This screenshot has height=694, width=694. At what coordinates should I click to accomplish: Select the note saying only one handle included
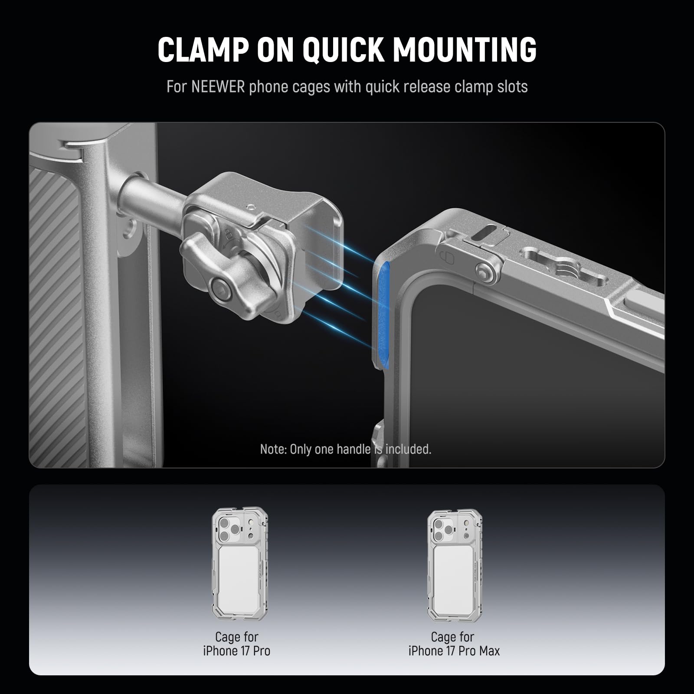point(346,449)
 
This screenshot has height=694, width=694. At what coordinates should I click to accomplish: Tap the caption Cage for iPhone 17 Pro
point(237,644)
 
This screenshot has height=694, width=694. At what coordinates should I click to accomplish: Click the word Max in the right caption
point(489,651)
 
